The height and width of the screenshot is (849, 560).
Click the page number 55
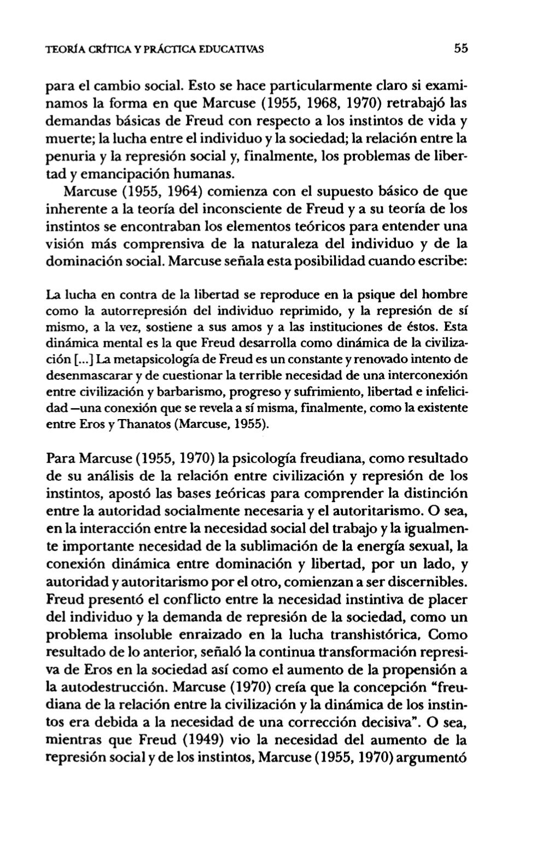click(461, 48)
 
